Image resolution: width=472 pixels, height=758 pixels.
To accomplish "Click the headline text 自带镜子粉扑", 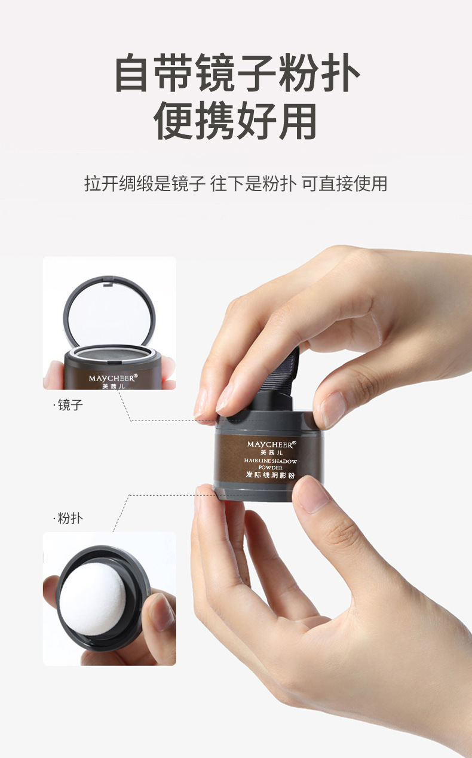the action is pos(237,73).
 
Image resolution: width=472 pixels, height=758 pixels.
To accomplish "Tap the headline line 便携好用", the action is pos(235,121).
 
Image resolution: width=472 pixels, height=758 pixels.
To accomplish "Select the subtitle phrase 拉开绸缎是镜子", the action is pos(145,184).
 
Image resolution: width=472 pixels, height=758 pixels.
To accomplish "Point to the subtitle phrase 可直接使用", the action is pos(344,184).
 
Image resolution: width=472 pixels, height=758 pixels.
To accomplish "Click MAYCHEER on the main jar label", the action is pos(269,444).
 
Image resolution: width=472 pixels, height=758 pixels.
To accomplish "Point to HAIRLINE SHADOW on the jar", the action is pos(271,461).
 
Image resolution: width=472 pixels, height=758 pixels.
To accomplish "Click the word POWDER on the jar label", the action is pos(270,468).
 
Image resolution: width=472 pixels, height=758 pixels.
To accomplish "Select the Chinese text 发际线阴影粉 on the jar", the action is pos(270,475).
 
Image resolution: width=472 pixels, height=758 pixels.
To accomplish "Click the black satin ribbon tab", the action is pos(281,372).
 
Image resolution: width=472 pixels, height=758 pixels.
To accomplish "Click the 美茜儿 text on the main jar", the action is pos(271,453).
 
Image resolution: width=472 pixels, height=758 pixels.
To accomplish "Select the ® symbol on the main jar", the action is pos(294,442).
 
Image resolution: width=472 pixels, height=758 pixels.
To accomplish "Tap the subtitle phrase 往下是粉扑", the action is pos(253,184).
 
